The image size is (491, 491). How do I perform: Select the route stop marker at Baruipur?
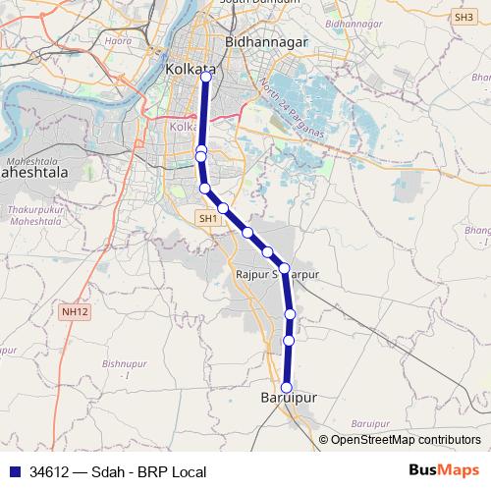click(x=288, y=387)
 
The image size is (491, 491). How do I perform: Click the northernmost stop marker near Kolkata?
click(x=206, y=78)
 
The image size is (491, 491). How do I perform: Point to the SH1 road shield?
click(x=207, y=219)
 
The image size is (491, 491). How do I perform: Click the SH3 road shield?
click(x=464, y=17)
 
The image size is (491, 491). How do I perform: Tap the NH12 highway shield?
click(x=73, y=311)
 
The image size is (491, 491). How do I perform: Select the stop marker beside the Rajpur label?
click(x=284, y=268)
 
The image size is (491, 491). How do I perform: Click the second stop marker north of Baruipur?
click(x=290, y=313)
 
